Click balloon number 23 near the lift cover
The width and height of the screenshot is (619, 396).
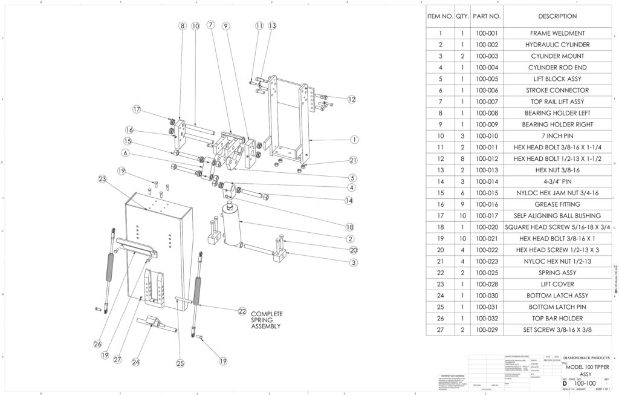click(x=102, y=178)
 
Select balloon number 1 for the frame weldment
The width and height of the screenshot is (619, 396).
click(x=352, y=139)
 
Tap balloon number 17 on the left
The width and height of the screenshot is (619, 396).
click(x=137, y=109)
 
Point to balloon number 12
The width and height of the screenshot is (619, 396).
click(x=351, y=99)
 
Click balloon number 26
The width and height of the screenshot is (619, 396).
click(x=97, y=343)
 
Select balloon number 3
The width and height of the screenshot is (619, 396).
click(x=352, y=262)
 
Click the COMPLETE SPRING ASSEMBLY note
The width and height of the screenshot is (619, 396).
click(x=266, y=320)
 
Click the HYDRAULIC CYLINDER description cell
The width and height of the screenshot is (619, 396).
click(x=557, y=45)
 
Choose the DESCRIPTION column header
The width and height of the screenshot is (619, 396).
click(x=557, y=16)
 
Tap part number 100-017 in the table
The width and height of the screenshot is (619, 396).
click(x=485, y=215)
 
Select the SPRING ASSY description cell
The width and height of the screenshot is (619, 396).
click(x=557, y=273)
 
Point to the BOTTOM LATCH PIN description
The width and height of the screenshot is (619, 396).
click(x=557, y=307)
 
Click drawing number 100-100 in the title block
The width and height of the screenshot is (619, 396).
click(x=585, y=383)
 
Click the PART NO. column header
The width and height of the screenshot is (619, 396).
click(x=485, y=16)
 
